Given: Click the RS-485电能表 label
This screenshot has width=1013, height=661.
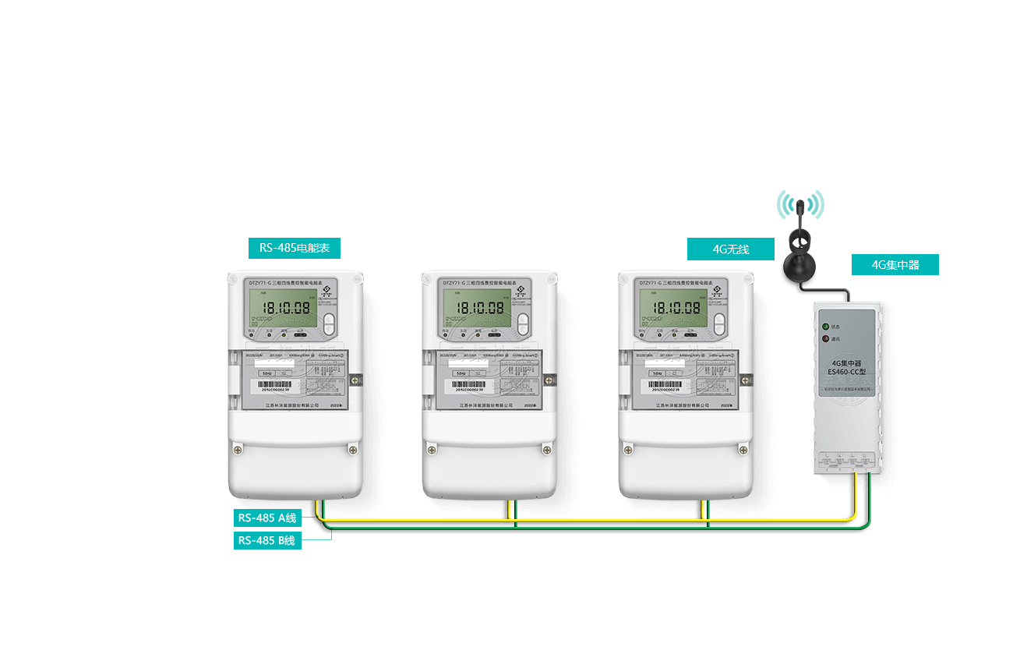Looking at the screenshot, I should click(x=295, y=248).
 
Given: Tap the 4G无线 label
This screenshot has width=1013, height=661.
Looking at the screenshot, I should click(x=730, y=249).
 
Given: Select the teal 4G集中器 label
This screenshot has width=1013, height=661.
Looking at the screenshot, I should click(x=895, y=265).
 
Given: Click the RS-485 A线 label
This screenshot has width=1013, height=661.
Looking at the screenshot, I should click(x=267, y=518).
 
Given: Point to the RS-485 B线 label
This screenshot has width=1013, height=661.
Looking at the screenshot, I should click(x=267, y=540).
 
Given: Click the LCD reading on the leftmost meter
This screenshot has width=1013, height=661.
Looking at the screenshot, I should click(x=285, y=308).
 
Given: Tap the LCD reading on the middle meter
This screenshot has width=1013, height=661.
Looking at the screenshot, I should click(x=480, y=308).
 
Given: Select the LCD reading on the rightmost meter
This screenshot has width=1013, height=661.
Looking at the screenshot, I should click(x=676, y=308).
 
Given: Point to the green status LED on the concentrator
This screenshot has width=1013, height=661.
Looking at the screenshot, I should click(x=824, y=327).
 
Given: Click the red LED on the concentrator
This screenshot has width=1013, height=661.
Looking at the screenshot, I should click(x=824, y=339).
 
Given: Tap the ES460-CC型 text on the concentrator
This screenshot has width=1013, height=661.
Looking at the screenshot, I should click(x=846, y=372).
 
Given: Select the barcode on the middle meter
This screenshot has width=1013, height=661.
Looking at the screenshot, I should click(x=474, y=386).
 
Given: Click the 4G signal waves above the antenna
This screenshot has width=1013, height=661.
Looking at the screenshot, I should click(x=799, y=205).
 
